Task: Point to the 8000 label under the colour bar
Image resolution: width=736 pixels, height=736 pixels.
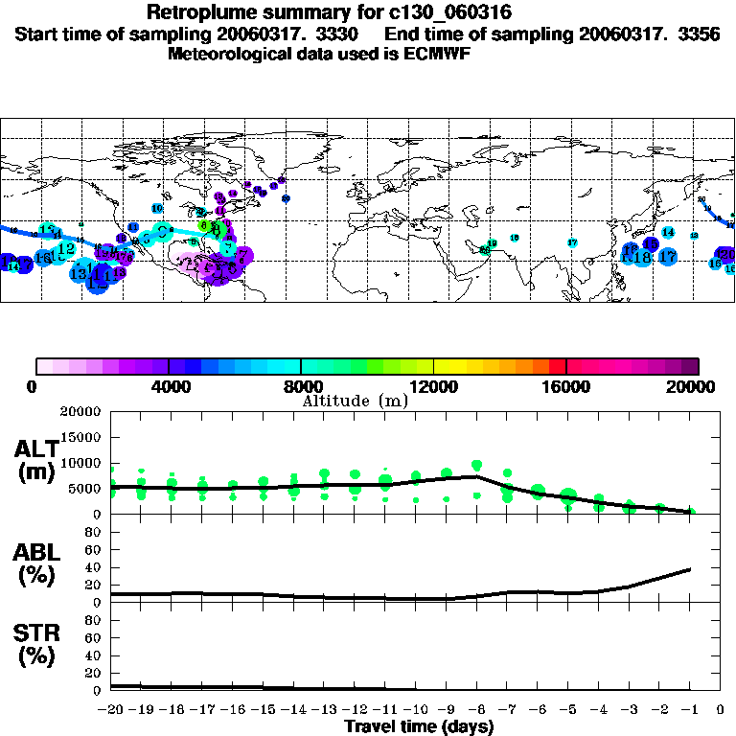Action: click(301, 386)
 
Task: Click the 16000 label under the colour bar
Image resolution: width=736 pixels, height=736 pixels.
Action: click(566, 386)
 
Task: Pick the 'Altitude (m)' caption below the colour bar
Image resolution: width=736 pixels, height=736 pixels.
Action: click(355, 401)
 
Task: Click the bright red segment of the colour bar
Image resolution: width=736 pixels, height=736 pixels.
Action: click(557, 366)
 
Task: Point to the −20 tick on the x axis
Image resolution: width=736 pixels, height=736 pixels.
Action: click(111, 710)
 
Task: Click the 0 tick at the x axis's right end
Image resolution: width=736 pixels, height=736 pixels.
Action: click(721, 710)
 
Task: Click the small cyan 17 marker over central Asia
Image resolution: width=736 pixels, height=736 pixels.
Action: click(572, 242)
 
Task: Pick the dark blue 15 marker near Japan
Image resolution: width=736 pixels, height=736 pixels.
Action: click(651, 244)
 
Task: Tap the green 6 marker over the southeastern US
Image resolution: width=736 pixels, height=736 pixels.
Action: click(203, 226)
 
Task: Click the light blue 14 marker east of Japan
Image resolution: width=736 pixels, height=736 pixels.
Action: click(668, 233)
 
